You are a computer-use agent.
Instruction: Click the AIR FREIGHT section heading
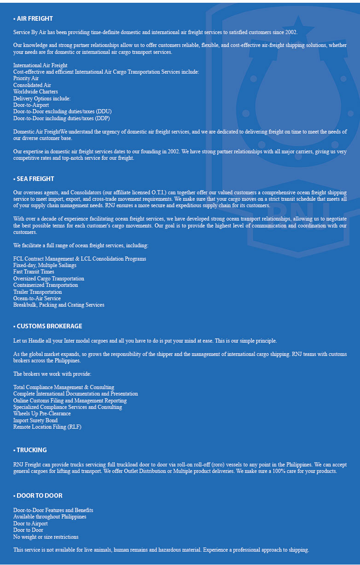35,19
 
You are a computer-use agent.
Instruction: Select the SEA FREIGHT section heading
35,179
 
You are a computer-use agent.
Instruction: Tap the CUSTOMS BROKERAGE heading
49,326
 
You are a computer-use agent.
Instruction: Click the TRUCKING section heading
32,450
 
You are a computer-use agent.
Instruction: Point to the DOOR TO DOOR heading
40,495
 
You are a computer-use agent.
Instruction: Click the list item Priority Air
26,79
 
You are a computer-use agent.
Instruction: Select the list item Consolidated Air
32,85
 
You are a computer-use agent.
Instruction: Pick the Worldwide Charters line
35,92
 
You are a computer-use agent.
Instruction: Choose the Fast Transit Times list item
34,272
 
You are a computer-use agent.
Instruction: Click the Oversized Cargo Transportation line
49,279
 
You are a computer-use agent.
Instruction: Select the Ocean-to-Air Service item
37,298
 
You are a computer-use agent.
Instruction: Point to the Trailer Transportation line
37,292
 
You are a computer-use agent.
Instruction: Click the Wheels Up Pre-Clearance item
42,414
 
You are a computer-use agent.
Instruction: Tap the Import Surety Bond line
35,420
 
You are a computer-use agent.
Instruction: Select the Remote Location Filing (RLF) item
47,427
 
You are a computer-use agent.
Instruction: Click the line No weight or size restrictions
46,537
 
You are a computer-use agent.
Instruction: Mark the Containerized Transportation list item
46,285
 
